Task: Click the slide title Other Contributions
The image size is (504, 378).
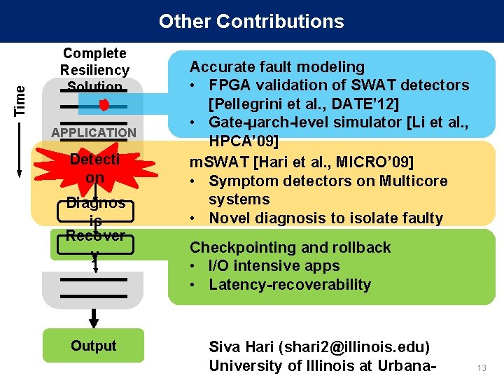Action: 251,21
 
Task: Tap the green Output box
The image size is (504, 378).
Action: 93,346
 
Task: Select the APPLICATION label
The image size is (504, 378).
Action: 94,132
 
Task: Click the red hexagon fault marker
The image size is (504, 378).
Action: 104,106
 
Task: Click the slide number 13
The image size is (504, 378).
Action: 482,368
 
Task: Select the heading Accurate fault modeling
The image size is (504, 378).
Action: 277,67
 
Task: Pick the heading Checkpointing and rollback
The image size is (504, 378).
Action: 290,247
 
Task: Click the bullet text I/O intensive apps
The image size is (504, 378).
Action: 274,266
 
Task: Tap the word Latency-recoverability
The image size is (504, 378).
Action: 290,285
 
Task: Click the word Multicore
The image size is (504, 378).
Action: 412,181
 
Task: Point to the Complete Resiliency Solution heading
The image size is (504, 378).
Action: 94,70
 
